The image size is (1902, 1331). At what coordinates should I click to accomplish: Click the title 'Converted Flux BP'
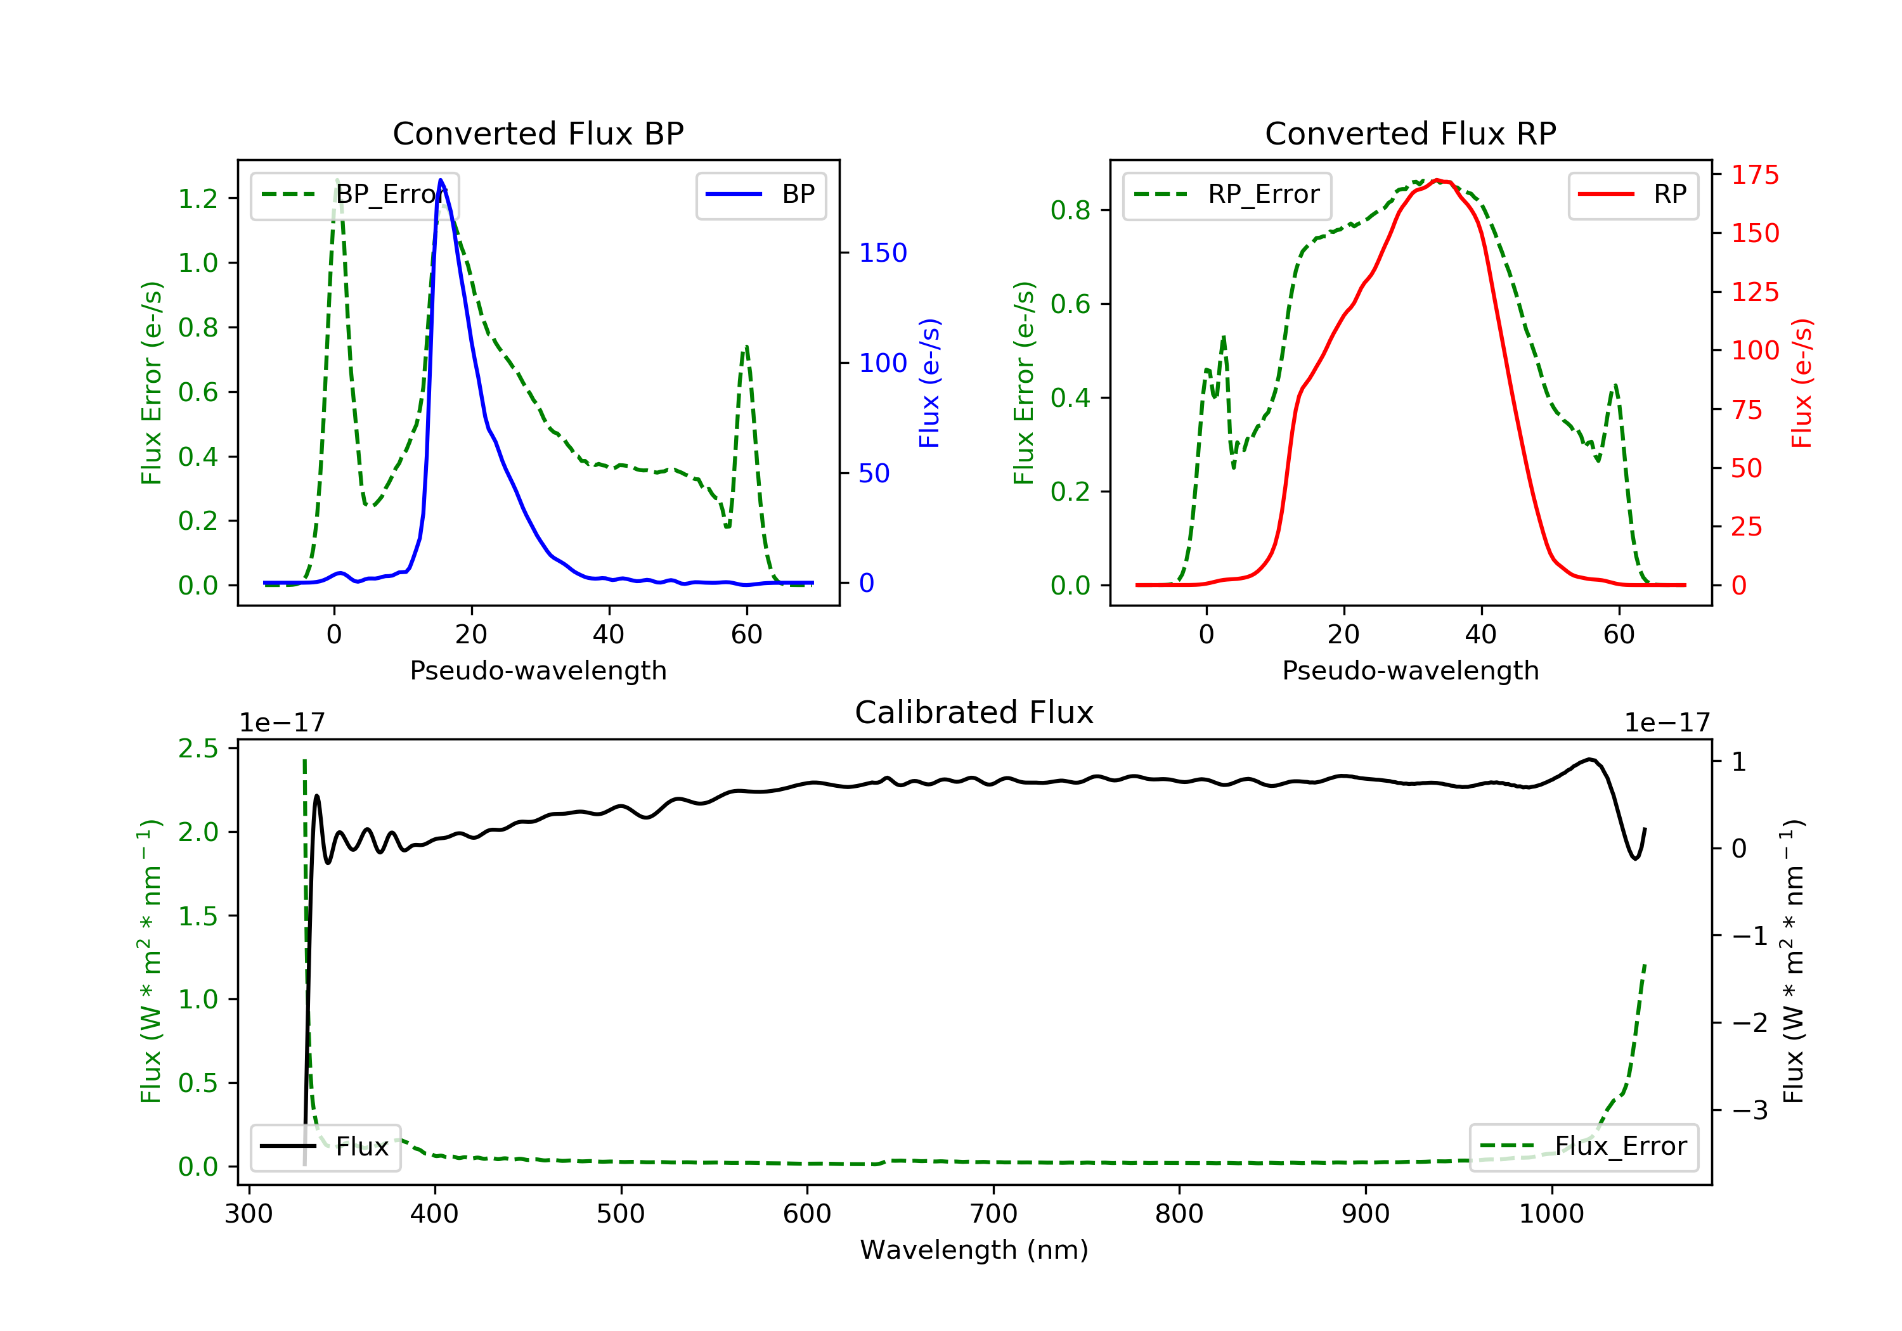coord(538,133)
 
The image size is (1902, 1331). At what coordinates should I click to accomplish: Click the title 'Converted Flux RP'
coord(1410,133)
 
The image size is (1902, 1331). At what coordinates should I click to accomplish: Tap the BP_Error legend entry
coord(354,195)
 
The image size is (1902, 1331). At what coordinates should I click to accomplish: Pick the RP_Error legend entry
coord(1227,195)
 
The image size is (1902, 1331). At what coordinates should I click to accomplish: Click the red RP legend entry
coord(1633,195)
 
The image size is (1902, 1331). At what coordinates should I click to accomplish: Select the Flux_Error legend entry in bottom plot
coord(1583,1147)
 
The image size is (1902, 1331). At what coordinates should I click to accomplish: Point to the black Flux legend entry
coord(326,1147)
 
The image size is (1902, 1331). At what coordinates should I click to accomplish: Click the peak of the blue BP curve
coord(441,180)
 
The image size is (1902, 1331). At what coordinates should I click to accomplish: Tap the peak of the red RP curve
coord(1437,180)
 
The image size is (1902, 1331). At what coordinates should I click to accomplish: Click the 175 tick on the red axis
coord(1754,175)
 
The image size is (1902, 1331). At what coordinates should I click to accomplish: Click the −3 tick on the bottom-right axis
coord(1750,1110)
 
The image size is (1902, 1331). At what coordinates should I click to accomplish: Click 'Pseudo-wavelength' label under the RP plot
coord(1410,670)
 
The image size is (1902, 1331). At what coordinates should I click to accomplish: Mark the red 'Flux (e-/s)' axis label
coord(1801,383)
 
